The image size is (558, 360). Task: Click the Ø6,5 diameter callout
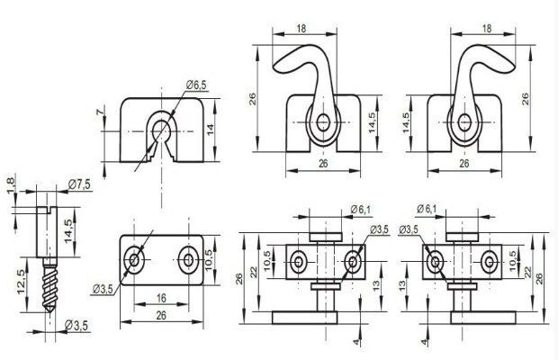click(x=196, y=85)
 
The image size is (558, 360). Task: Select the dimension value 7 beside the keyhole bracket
click(x=102, y=112)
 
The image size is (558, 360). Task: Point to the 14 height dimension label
click(x=211, y=129)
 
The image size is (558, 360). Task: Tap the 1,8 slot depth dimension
click(x=12, y=185)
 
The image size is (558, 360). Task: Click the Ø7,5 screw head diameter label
click(x=79, y=184)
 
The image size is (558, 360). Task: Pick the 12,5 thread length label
click(x=22, y=282)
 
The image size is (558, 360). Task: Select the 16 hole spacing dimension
click(x=161, y=298)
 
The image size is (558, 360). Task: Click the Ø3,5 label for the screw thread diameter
click(x=76, y=326)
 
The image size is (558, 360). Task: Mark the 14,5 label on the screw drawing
click(x=68, y=231)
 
